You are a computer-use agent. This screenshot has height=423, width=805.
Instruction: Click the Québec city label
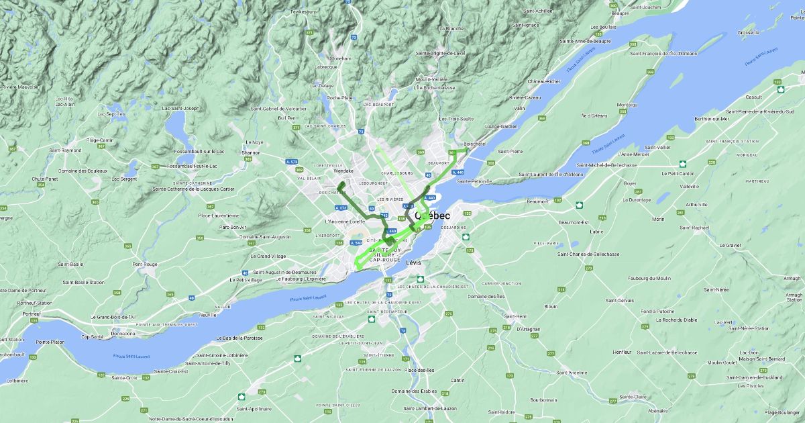(x=433, y=216)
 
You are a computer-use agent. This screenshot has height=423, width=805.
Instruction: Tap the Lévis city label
(x=414, y=263)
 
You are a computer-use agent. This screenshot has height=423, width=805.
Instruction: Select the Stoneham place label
(x=341, y=58)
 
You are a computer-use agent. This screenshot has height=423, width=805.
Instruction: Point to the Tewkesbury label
(x=303, y=11)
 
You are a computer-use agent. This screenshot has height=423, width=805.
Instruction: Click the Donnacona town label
(x=123, y=333)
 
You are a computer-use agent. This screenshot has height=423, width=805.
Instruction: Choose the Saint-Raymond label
(x=66, y=150)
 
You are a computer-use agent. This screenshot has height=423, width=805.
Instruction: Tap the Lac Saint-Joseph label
(x=180, y=108)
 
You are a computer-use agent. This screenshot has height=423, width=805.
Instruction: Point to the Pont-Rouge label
(x=146, y=264)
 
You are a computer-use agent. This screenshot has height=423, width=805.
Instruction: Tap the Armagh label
(x=792, y=277)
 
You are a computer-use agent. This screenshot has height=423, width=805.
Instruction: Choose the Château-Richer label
(x=543, y=81)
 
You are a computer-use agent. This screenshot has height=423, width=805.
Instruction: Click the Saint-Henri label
(x=517, y=316)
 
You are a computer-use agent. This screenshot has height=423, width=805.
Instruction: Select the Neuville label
(x=208, y=314)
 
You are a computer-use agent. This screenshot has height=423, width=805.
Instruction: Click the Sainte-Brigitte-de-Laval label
(x=440, y=52)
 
